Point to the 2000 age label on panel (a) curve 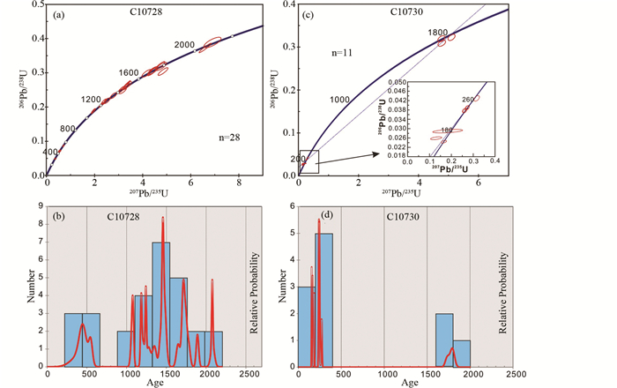[x=183, y=44]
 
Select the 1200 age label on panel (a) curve [x=92, y=100]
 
